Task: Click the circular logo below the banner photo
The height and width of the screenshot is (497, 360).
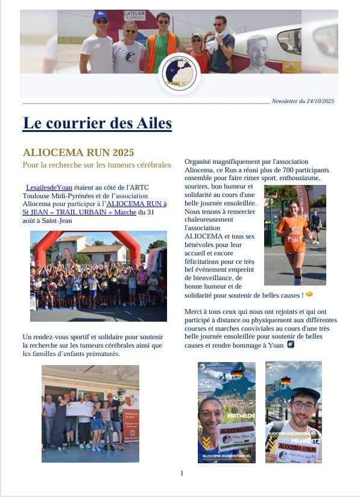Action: (x=179, y=73)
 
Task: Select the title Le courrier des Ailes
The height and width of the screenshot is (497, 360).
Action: (x=97, y=123)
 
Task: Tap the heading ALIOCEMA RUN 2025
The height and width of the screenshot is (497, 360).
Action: (x=78, y=152)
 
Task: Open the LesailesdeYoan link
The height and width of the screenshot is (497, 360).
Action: (x=49, y=187)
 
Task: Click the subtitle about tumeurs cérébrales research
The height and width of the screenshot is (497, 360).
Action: (x=96, y=164)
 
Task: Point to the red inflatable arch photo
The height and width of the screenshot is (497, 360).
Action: (x=98, y=276)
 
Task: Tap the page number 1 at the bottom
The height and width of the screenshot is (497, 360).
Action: (x=182, y=473)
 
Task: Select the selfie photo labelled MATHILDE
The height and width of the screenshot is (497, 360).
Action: (x=226, y=412)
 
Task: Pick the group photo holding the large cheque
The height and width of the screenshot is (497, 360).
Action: (x=90, y=413)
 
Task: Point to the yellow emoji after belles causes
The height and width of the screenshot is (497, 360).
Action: (x=309, y=294)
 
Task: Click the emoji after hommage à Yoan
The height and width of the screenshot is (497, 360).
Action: (x=291, y=344)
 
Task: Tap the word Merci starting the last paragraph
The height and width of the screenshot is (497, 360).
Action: (x=193, y=311)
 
